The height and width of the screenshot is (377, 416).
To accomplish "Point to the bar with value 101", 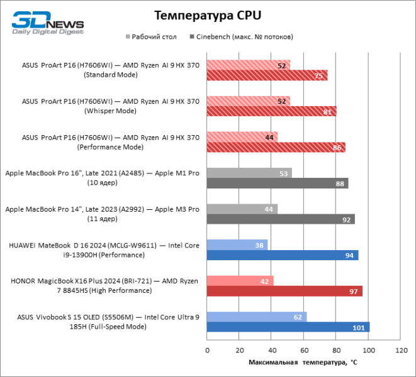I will (288, 327).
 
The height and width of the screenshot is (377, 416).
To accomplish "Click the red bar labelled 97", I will (284, 292).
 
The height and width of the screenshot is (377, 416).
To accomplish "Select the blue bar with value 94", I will (283, 255).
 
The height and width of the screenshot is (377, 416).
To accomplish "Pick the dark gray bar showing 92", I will (281, 219).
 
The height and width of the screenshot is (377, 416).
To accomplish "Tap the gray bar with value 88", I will (278, 183).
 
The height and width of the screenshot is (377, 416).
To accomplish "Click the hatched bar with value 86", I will (276, 148).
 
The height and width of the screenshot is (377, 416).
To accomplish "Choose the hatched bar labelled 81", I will (272, 112).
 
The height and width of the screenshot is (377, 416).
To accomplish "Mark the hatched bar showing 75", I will (267, 76).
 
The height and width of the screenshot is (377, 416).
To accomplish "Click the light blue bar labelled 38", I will (237, 244).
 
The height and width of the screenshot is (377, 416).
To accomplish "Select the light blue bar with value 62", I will (257, 317).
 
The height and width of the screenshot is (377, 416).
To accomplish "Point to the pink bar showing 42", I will (240, 281).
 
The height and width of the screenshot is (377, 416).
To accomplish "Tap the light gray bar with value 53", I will (249, 173).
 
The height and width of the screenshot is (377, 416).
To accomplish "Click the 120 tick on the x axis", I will (400, 350).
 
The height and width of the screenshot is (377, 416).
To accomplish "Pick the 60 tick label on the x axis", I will (303, 350).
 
